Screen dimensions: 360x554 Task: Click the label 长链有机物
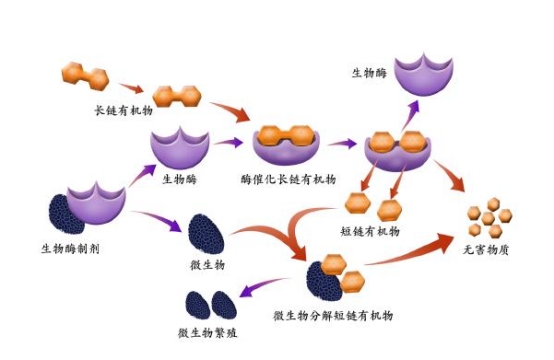point(120,112)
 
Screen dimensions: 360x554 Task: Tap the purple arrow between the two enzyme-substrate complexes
point(345,144)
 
